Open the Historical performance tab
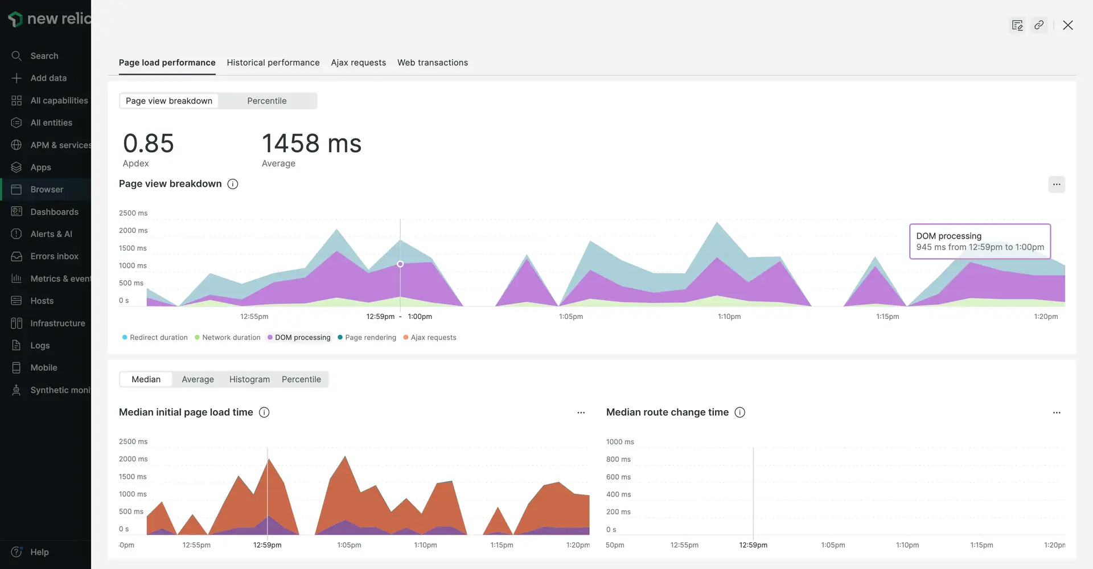pyautogui.click(x=273, y=63)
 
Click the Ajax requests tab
pyautogui.click(x=358, y=63)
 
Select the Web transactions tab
pyautogui.click(x=432, y=63)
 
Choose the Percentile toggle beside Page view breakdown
pyautogui.click(x=266, y=101)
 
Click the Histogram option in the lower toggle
pyautogui.click(x=249, y=379)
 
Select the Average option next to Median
pyautogui.click(x=198, y=379)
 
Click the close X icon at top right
pyautogui.click(x=1067, y=25)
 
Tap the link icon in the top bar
pyautogui.click(x=1039, y=25)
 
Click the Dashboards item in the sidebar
pyautogui.click(x=54, y=212)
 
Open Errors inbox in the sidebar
pyautogui.click(x=54, y=256)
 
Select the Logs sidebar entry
pyautogui.click(x=40, y=345)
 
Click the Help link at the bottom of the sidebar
pyautogui.click(x=39, y=552)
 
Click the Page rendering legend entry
pyautogui.click(x=370, y=337)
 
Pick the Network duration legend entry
pyautogui.click(x=231, y=337)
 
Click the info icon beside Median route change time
pyautogui.click(x=739, y=412)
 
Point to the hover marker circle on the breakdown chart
pyautogui.click(x=400, y=264)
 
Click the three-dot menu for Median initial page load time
pyautogui.click(x=581, y=412)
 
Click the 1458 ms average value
pyautogui.click(x=311, y=144)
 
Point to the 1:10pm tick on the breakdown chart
pyautogui.click(x=729, y=317)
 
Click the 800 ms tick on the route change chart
pyautogui.click(x=618, y=459)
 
